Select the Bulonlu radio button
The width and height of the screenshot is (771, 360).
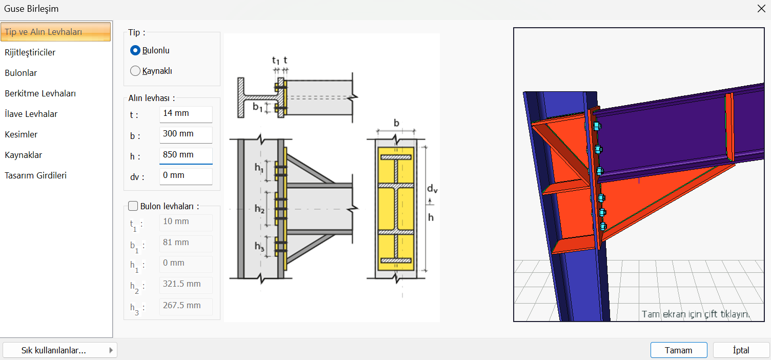135,51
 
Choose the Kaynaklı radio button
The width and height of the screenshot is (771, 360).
135,71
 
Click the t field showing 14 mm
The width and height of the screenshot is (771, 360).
186,114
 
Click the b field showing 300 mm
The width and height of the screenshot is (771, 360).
186,134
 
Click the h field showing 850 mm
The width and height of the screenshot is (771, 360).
186,155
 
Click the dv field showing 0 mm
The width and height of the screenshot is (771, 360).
186,176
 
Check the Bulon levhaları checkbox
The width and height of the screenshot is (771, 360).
133,206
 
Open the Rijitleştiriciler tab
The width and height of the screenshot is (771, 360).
30,52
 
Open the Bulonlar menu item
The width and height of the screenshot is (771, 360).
21,73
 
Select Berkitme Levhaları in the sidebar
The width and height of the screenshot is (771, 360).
40,93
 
